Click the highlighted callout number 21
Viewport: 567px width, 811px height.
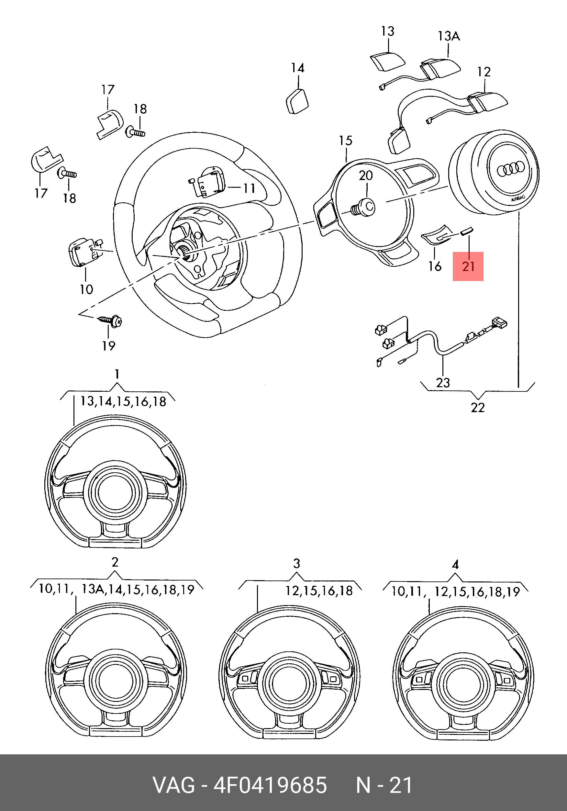[468, 266]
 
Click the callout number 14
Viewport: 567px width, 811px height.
[298, 68]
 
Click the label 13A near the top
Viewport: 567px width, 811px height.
[449, 36]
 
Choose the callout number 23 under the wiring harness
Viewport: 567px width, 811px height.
[443, 383]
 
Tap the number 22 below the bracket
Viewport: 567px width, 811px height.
[478, 408]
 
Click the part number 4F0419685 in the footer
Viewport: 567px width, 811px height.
[270, 785]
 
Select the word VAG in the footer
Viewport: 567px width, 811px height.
[174, 785]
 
